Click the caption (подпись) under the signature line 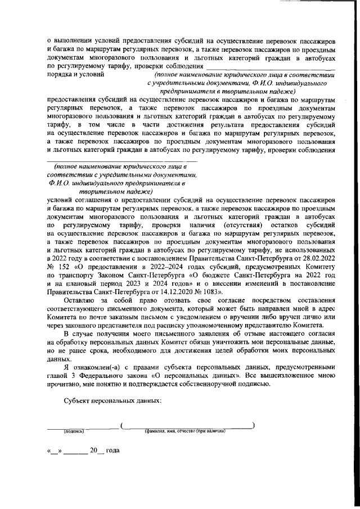click(x=73, y=431)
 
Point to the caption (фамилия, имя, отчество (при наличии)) click(x=185, y=431)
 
